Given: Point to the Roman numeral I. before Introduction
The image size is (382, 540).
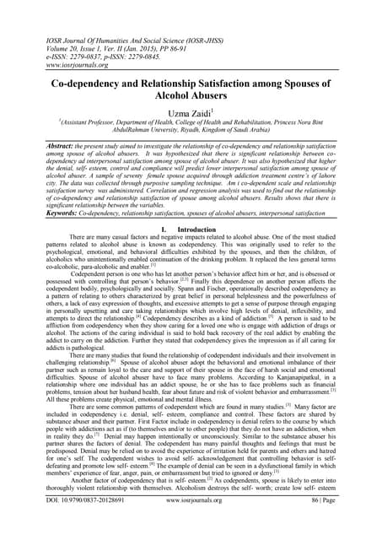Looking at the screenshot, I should [162, 229].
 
